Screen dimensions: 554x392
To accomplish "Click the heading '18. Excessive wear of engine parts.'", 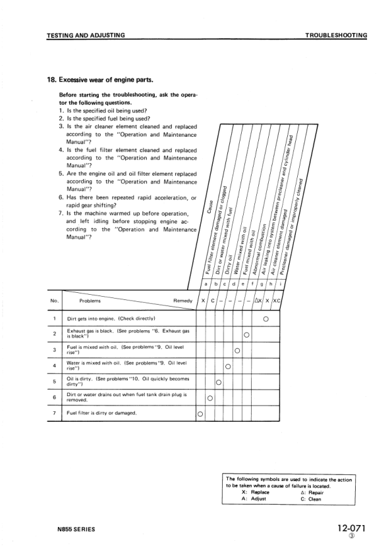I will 99,81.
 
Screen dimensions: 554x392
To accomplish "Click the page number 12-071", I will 350,527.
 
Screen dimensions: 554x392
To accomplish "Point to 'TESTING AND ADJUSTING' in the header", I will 86,35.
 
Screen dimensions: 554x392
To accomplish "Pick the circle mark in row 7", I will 200,414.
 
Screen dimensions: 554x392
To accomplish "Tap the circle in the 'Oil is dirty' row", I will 219,382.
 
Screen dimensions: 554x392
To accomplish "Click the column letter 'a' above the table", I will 200,284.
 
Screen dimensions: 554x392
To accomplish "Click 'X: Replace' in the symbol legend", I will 258,492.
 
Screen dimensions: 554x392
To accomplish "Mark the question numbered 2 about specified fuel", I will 100,118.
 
